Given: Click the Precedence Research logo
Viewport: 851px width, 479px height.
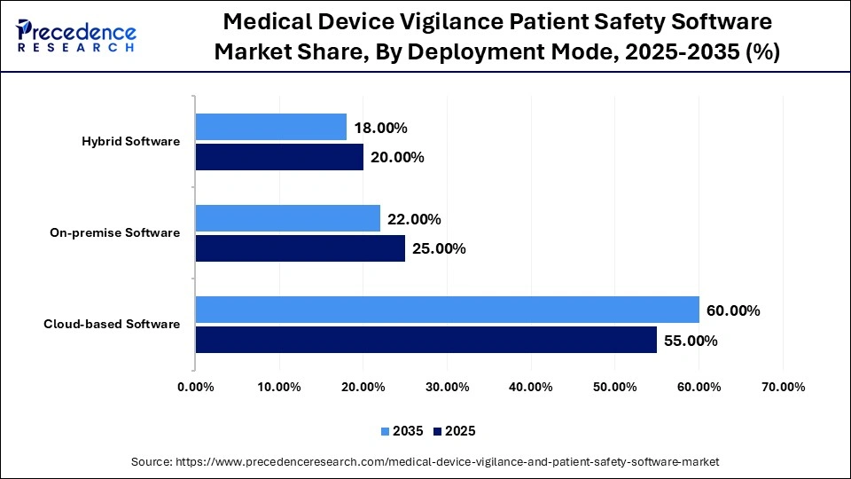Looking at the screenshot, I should (76, 35).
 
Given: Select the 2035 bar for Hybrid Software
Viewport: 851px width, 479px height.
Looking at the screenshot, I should (270, 128).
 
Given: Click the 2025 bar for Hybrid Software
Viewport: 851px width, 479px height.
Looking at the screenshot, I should (279, 157).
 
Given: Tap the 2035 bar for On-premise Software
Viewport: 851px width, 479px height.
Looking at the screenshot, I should (287, 219).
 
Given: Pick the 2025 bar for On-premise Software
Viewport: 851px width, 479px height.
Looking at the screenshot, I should (300, 248).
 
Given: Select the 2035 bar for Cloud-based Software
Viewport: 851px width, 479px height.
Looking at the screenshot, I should (447, 310).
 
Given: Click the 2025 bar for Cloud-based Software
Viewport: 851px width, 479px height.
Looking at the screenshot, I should (425, 340).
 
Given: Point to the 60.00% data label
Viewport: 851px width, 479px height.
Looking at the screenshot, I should (733, 310).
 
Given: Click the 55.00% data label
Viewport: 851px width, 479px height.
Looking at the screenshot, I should (691, 340).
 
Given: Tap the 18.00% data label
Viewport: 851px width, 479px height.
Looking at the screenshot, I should (380, 128).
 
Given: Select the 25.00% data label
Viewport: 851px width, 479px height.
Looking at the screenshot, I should (439, 248).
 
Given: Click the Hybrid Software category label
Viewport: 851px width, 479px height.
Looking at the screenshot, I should (130, 142).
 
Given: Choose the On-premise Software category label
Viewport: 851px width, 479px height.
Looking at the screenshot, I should (115, 233).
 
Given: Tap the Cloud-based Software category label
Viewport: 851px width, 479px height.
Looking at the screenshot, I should (112, 325).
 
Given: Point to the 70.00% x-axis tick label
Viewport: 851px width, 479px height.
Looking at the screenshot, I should (783, 387).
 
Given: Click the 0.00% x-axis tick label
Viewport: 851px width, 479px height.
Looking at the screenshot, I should (195, 387).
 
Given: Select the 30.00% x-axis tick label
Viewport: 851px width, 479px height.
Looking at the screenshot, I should (447, 387).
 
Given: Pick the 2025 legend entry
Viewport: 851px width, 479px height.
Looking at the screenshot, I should (455, 431).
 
